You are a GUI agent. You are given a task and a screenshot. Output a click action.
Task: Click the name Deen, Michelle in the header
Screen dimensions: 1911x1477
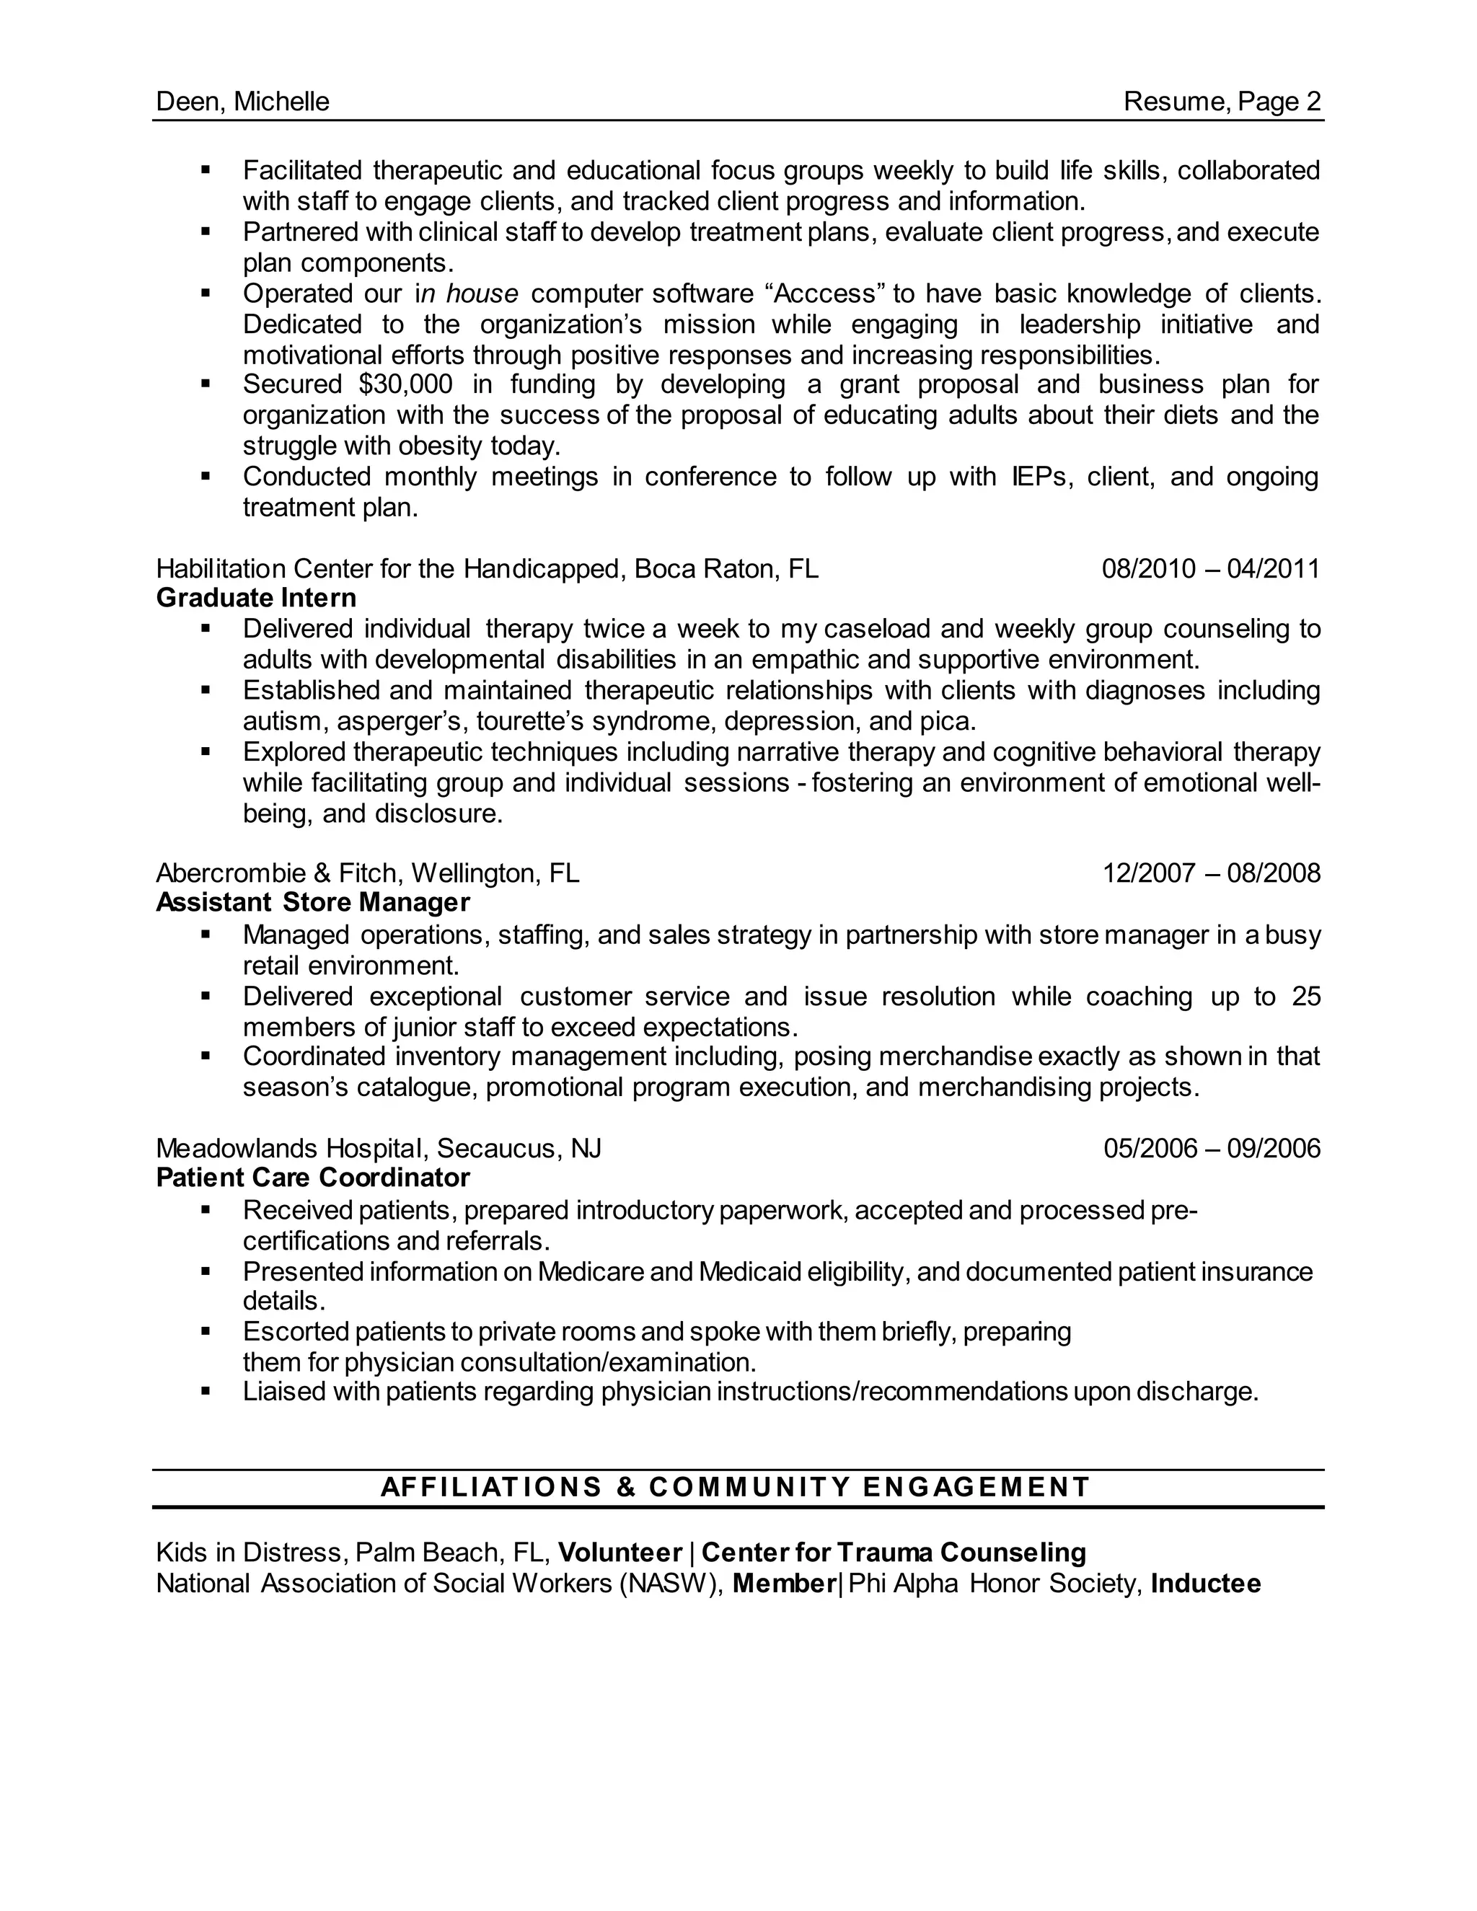(242, 102)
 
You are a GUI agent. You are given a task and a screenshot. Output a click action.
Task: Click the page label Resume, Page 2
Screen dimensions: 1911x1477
(1222, 102)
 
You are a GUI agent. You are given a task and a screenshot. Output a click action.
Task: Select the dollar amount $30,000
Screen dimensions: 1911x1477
(405, 384)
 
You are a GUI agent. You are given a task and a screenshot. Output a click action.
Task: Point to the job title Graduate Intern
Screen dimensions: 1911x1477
(256, 599)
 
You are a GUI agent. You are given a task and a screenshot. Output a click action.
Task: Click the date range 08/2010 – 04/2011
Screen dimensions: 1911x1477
(1210, 569)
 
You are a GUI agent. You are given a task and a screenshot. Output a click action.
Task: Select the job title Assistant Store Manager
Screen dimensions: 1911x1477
(312, 902)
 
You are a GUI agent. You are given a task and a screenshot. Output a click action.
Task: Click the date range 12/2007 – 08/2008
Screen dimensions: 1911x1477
(1211, 873)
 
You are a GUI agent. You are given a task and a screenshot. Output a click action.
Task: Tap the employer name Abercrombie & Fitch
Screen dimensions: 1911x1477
(279, 873)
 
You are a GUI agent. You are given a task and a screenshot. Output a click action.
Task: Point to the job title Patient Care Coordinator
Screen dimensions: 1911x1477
(312, 1178)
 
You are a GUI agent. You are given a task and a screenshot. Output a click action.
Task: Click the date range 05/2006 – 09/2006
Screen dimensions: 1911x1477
(1211, 1148)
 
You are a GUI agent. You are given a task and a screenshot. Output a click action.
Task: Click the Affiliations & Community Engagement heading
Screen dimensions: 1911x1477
(736, 1487)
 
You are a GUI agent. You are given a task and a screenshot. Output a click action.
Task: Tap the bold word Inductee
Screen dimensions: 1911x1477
(1206, 1584)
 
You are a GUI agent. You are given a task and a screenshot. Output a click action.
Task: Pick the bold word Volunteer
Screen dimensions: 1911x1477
(620, 1553)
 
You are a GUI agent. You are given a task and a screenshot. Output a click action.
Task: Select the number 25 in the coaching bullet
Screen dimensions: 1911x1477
(1305, 997)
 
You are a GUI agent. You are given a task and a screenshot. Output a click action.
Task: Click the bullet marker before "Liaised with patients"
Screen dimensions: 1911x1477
(206, 1390)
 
